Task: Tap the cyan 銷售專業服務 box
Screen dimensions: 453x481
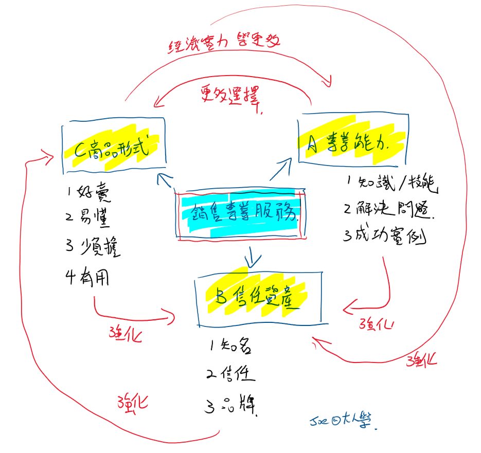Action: [240, 215]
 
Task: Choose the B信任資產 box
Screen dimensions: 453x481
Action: [259, 298]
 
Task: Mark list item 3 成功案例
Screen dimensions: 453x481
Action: [386, 237]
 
